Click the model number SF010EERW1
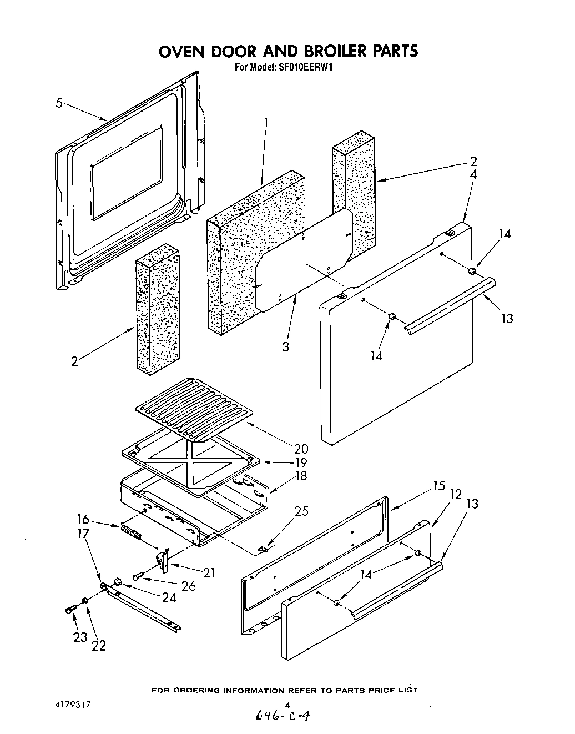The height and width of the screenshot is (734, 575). pyautogui.click(x=302, y=67)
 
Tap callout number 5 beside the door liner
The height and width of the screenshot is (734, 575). pyautogui.click(x=59, y=103)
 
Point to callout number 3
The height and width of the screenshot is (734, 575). pyautogui.click(x=285, y=347)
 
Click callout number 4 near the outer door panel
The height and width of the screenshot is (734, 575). pyautogui.click(x=473, y=174)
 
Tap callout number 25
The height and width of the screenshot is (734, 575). pyautogui.click(x=301, y=511)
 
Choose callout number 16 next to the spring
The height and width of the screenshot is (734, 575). pyautogui.click(x=83, y=520)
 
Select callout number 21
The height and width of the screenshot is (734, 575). pyautogui.click(x=209, y=572)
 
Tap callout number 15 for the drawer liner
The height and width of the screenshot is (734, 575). pyautogui.click(x=438, y=486)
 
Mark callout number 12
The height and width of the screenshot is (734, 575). pyautogui.click(x=456, y=494)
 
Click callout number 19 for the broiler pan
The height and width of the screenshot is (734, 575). pyautogui.click(x=301, y=462)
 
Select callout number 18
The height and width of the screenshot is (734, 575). pyautogui.click(x=301, y=476)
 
